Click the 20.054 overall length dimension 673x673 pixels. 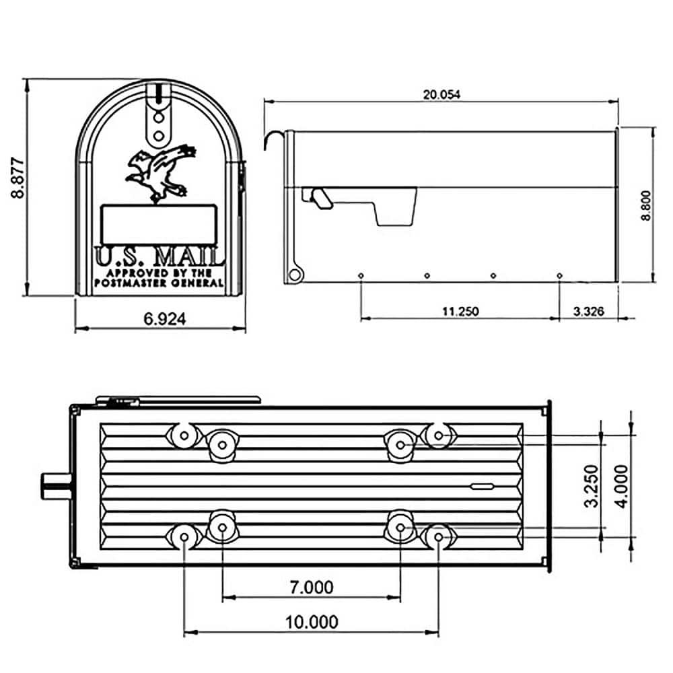click(441, 95)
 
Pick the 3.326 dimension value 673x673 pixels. click(588, 311)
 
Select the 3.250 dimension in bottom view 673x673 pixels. click(592, 485)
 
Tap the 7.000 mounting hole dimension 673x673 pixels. click(311, 588)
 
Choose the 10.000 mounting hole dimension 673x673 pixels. click(311, 623)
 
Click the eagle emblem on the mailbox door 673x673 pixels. click(160, 172)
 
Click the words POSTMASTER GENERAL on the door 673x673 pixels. click(160, 283)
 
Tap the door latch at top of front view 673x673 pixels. click(158, 114)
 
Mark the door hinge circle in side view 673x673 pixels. click(294, 275)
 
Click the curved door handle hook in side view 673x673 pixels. click(273, 139)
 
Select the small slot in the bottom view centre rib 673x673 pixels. click(482, 485)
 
